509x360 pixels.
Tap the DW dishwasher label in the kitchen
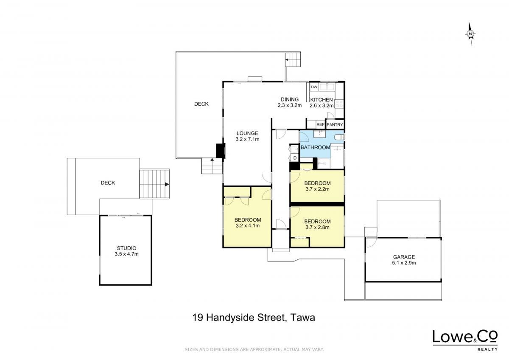[x=314, y=87]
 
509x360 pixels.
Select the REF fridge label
[x=320, y=125]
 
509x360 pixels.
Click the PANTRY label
[x=335, y=125]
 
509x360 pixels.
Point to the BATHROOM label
[x=316, y=147]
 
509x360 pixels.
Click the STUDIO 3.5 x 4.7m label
[x=126, y=251]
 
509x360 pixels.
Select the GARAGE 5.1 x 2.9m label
[x=404, y=260]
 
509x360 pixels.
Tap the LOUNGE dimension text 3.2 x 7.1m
[x=247, y=139]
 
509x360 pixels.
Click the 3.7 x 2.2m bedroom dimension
[x=317, y=189]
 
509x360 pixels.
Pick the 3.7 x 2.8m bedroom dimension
[x=317, y=227]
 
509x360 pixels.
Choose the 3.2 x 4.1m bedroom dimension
[x=248, y=225]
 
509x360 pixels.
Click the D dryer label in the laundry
[x=295, y=158]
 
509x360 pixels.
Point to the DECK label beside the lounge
[x=201, y=104]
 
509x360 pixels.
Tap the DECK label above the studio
[x=108, y=183]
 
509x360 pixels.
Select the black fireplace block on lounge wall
[x=220, y=151]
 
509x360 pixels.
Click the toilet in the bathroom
[x=339, y=137]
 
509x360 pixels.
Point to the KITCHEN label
[x=322, y=100]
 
